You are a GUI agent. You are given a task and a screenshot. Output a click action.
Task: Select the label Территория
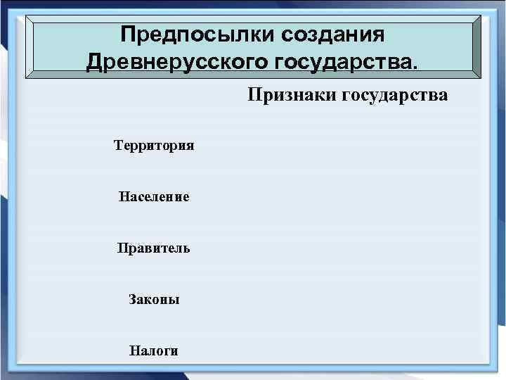[x=154, y=146]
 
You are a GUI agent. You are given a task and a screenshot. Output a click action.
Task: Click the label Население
[x=154, y=197]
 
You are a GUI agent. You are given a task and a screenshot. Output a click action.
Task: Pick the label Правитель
[x=154, y=248]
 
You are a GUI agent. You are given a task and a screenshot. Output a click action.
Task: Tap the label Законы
[x=154, y=300]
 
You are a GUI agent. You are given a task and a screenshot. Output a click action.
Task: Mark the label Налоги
[x=154, y=350]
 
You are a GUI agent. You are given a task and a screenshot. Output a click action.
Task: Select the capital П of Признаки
[x=253, y=95]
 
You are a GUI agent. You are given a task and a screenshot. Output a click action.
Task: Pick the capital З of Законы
[x=132, y=300]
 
